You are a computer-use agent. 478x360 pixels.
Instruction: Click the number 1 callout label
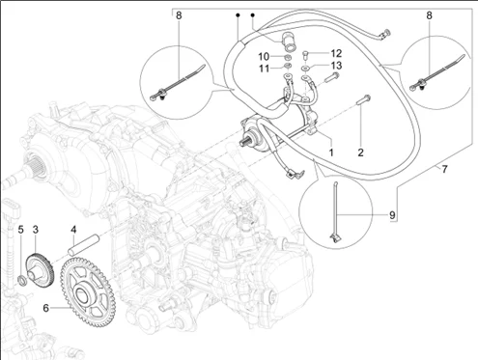click(331, 152)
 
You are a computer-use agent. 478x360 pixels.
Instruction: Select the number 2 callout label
click(360, 152)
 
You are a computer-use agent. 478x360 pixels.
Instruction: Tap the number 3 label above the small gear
click(36, 230)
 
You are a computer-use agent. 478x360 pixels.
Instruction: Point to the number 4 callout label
click(73, 230)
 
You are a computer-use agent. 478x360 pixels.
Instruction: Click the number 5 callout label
click(20, 230)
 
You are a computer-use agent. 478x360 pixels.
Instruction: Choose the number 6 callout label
click(46, 308)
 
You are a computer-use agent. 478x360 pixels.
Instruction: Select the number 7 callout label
click(444, 169)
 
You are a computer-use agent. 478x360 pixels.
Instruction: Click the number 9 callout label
click(392, 215)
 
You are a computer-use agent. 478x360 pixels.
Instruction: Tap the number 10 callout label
click(264, 57)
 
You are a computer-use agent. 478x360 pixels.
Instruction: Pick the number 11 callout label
click(265, 69)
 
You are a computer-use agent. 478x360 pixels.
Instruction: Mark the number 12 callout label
click(336, 53)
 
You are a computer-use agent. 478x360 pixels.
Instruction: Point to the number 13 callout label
click(336, 66)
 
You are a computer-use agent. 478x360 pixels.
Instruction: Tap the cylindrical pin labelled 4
click(83, 245)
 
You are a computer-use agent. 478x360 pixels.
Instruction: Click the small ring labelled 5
click(22, 280)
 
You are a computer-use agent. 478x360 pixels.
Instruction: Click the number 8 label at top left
click(179, 15)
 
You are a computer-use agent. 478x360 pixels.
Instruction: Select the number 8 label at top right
click(429, 15)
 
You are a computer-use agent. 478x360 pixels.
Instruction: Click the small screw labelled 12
click(305, 55)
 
